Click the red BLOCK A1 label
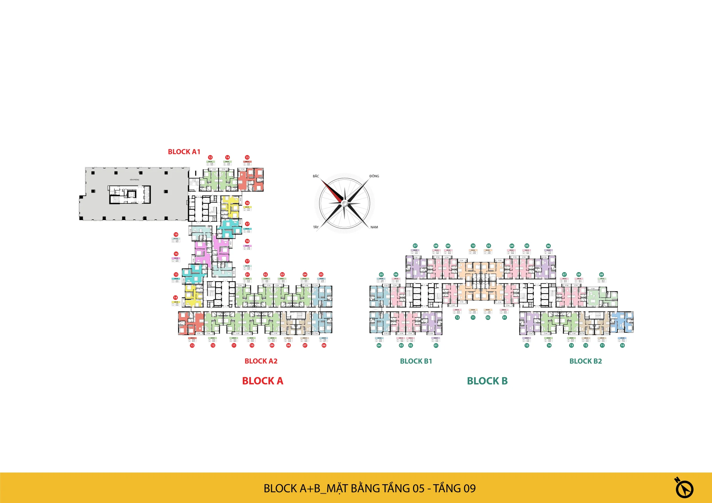184,152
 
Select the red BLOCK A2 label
261,361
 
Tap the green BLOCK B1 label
416,361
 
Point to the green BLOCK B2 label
585,361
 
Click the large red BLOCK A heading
262,381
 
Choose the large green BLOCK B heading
487,381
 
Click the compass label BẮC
316,176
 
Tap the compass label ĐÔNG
374,176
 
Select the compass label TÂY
316,227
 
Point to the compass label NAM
374,227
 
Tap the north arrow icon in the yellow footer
684,488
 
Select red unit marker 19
176,235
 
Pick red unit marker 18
247,241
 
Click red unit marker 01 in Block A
247,275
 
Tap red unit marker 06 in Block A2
324,346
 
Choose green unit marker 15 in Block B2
527,346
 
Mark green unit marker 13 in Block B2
571,346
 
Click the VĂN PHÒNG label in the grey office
134,180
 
